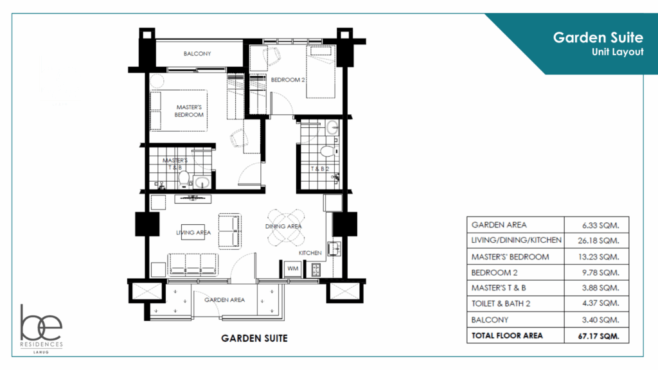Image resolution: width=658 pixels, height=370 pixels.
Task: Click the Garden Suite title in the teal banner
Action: (x=598, y=38)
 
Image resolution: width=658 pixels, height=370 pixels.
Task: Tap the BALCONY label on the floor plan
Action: (x=197, y=54)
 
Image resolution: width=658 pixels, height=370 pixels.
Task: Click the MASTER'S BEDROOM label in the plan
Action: (x=189, y=110)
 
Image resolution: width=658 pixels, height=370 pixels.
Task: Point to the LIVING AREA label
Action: (x=194, y=233)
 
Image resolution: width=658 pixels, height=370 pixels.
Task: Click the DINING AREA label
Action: (x=283, y=227)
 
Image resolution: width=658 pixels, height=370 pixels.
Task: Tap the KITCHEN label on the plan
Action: (x=310, y=253)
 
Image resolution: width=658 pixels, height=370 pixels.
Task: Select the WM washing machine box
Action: (x=292, y=269)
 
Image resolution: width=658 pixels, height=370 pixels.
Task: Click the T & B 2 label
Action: (x=321, y=170)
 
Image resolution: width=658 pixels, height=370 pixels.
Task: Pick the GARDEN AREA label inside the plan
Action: (x=224, y=300)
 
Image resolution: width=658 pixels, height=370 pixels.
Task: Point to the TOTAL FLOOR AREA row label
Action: (x=507, y=335)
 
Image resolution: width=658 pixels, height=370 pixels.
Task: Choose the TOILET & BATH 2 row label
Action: (x=510, y=304)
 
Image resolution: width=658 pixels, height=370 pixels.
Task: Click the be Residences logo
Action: (x=42, y=327)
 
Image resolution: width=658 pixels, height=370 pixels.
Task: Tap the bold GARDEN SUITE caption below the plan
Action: (x=254, y=338)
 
